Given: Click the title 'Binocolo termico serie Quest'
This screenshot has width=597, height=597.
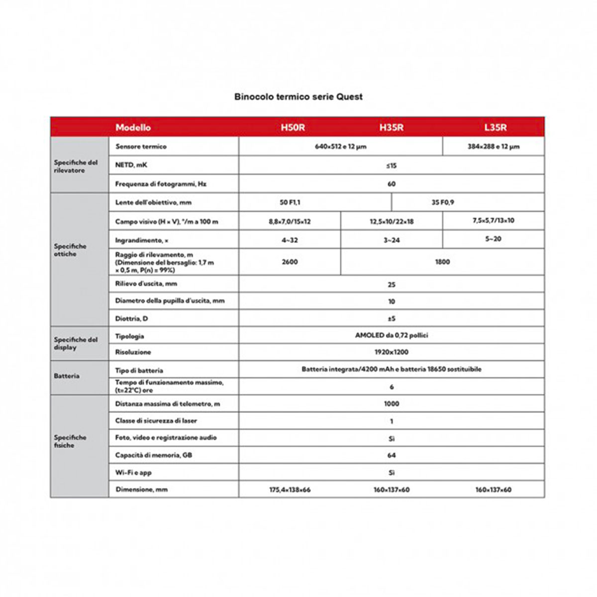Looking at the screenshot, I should tap(298, 97).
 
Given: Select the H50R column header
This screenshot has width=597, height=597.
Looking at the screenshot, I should tap(293, 127).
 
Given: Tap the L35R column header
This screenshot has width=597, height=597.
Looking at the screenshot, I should tap(495, 127).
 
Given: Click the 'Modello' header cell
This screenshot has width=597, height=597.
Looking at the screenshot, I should tap(133, 127).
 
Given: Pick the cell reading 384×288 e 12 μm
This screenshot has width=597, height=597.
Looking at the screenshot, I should tap(493, 147).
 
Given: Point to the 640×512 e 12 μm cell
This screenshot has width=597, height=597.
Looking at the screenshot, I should tap(340, 147).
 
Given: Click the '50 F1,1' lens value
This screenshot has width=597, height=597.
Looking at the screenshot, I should tap(290, 202).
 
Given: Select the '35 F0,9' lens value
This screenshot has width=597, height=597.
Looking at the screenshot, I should tap(442, 202).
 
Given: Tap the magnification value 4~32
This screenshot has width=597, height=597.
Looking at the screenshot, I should tap(290, 240).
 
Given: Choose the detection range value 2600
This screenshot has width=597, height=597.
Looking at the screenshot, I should tap(290, 262).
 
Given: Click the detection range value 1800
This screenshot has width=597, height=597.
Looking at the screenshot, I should tap(442, 262).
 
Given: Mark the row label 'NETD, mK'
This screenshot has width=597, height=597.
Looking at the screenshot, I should tap(131, 165).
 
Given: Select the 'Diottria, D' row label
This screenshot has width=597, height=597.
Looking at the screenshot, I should tap(131, 318).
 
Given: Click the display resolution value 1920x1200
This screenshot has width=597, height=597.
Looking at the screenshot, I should tap(392, 352).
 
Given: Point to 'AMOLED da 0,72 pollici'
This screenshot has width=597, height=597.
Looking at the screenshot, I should tap(392, 335).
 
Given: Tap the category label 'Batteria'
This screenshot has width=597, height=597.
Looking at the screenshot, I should tap(67, 376).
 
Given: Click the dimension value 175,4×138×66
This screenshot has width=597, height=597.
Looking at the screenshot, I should tap(290, 490).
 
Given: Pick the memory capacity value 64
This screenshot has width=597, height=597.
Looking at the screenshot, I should tap(392, 455).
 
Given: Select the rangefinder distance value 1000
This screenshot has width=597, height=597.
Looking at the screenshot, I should tap(392, 404).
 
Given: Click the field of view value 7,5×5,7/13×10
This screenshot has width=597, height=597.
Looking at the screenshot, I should tap(493, 220).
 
